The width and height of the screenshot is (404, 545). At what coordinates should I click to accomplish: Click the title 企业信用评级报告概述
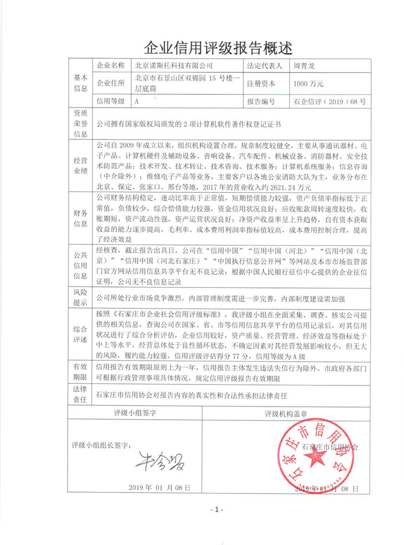218,48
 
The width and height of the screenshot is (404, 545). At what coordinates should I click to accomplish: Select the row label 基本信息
81,83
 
